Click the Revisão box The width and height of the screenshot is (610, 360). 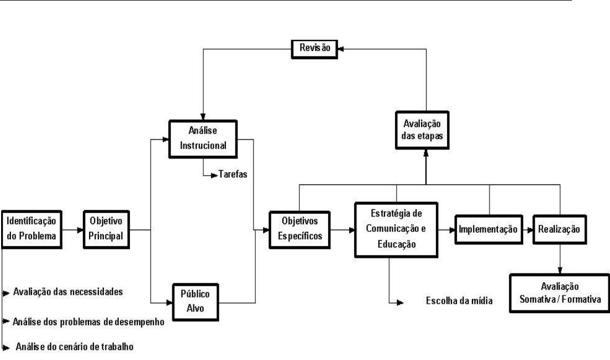[x=314, y=47]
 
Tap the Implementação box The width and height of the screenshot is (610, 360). [x=488, y=229]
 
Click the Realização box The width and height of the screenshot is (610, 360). [x=560, y=229]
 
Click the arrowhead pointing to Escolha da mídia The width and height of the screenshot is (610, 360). [x=401, y=302]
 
